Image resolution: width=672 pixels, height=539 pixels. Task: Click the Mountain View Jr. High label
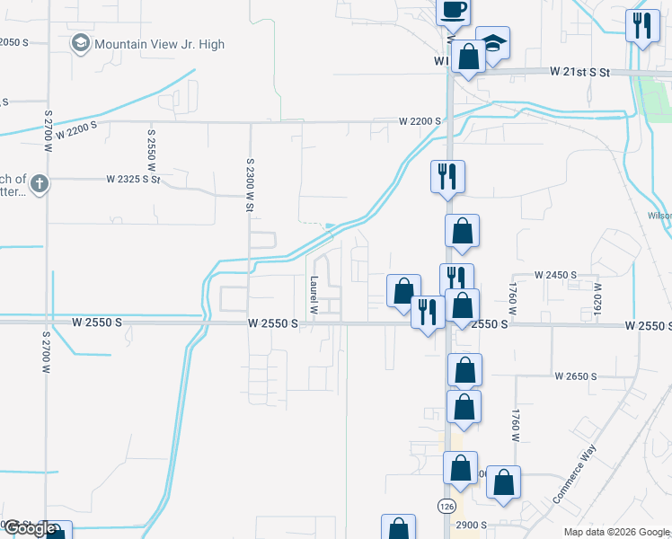click(x=159, y=44)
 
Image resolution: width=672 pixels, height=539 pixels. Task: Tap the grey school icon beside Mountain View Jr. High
click(x=81, y=43)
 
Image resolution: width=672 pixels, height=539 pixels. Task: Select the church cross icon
click(x=38, y=184)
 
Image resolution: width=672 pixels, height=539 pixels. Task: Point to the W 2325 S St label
click(x=133, y=180)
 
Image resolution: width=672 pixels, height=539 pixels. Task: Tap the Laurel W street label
click(x=314, y=294)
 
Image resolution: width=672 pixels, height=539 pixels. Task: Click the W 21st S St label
click(x=580, y=72)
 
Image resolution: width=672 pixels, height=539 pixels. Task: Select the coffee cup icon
click(x=453, y=10)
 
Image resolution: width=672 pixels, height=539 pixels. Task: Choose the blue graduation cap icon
click(x=491, y=43)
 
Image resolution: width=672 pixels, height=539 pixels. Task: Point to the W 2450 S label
click(x=555, y=275)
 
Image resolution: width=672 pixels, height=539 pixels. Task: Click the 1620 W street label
click(x=596, y=297)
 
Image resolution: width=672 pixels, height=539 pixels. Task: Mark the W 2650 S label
click(x=576, y=376)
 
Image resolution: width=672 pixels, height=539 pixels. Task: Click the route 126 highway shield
click(x=447, y=507)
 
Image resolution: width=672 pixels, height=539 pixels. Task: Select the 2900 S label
click(x=471, y=524)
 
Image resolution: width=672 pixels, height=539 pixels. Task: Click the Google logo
click(x=30, y=528)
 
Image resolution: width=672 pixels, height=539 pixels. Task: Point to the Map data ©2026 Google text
click(x=616, y=532)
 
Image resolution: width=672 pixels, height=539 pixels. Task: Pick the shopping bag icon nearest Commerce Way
click(x=504, y=482)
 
